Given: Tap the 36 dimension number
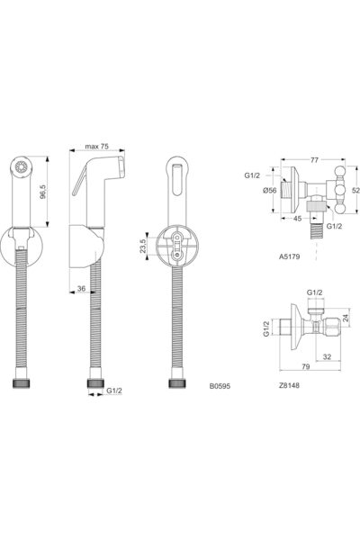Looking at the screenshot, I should [82, 290].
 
